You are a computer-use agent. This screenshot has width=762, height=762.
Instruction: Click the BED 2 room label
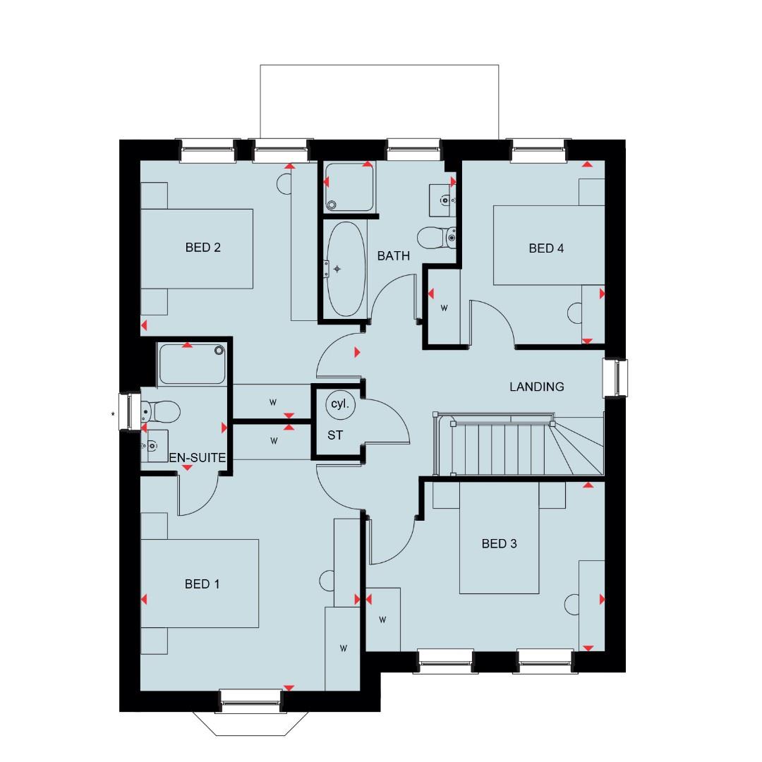[203, 248]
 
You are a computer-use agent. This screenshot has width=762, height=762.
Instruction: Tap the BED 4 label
[546, 248]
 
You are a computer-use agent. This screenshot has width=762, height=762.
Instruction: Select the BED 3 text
[500, 543]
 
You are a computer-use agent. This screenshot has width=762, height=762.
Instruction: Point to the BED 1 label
[202, 584]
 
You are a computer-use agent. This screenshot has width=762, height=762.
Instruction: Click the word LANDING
[537, 387]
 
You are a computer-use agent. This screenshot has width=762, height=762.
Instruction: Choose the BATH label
[393, 256]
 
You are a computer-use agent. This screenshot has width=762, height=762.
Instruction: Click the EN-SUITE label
[197, 458]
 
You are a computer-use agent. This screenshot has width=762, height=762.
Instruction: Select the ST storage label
[335, 435]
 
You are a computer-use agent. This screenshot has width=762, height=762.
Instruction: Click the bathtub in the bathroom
[345, 269]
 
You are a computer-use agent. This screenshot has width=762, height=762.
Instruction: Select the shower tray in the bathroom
[349, 186]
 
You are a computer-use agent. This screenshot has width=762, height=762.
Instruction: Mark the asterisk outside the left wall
[113, 414]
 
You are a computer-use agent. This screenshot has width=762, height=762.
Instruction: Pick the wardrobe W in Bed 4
[445, 308]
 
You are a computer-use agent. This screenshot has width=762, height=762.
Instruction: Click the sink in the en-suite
[153, 445]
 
